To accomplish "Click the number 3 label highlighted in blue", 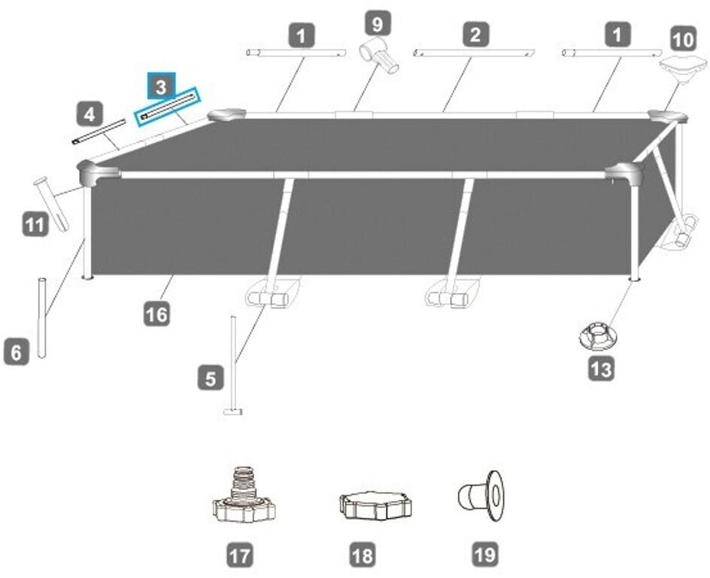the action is pyautogui.click(x=161, y=87).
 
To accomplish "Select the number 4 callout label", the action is pyautogui.click(x=90, y=115).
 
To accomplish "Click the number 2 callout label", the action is pyautogui.click(x=475, y=34).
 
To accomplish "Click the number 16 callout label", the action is pyautogui.click(x=158, y=313).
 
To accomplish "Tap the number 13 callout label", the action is pyautogui.click(x=602, y=369).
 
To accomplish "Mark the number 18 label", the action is pyautogui.click(x=363, y=556).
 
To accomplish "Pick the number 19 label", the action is pyautogui.click(x=484, y=555).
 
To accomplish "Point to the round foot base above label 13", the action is pyautogui.click(x=599, y=336).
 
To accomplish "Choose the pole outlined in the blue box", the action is pyautogui.click(x=167, y=106).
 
